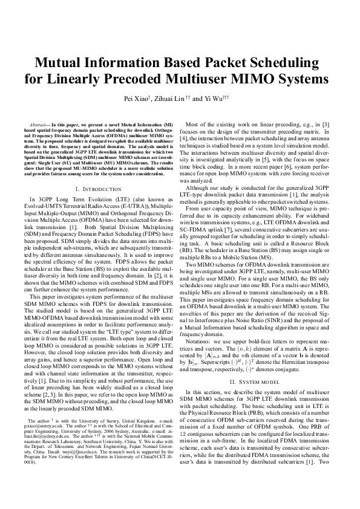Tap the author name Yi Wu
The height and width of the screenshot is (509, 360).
tap(218, 99)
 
